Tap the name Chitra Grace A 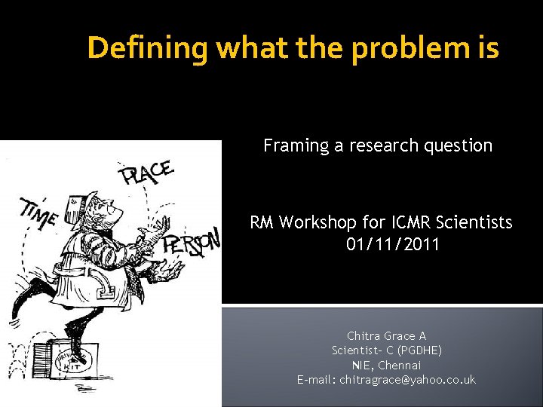(x=386, y=335)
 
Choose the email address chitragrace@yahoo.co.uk (x=407, y=380)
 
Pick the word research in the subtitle (x=372, y=145)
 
